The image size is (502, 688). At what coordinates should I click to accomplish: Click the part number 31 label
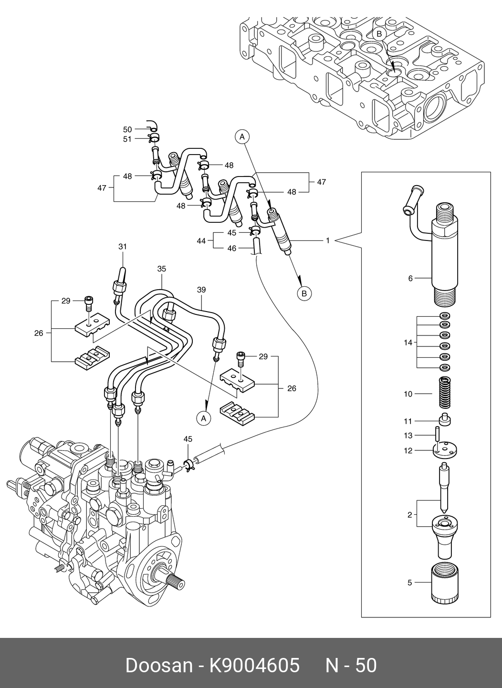pyautogui.click(x=123, y=247)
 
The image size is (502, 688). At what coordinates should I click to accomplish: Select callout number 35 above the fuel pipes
pyautogui.click(x=162, y=269)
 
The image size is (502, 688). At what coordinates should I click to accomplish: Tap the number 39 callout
pyautogui.click(x=201, y=290)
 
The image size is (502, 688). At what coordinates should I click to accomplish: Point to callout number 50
pyautogui.click(x=127, y=130)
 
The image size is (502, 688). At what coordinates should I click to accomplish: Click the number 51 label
pyautogui.click(x=127, y=139)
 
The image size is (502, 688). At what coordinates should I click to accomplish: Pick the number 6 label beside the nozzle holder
pyautogui.click(x=410, y=278)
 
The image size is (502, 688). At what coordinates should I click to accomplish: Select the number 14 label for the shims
pyautogui.click(x=408, y=343)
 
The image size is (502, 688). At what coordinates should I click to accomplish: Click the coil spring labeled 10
pyautogui.click(x=444, y=393)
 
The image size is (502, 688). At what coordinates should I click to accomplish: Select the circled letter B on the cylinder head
pyautogui.click(x=379, y=34)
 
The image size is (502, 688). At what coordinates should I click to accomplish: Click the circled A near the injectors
pyautogui.click(x=242, y=137)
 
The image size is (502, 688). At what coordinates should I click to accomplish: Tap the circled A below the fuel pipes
pyautogui.click(x=203, y=418)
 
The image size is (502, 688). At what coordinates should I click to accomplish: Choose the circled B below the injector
pyautogui.click(x=304, y=293)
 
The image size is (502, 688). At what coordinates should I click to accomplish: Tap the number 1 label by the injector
pyautogui.click(x=328, y=240)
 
